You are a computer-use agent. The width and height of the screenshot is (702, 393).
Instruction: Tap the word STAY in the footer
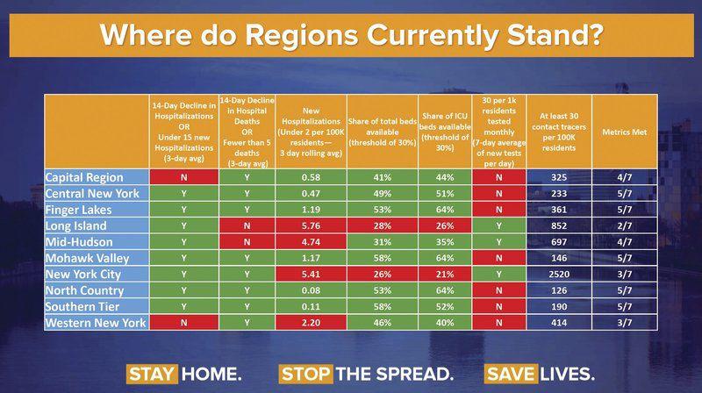[152, 373]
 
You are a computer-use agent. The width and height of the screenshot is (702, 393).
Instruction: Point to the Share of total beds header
[382, 132]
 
